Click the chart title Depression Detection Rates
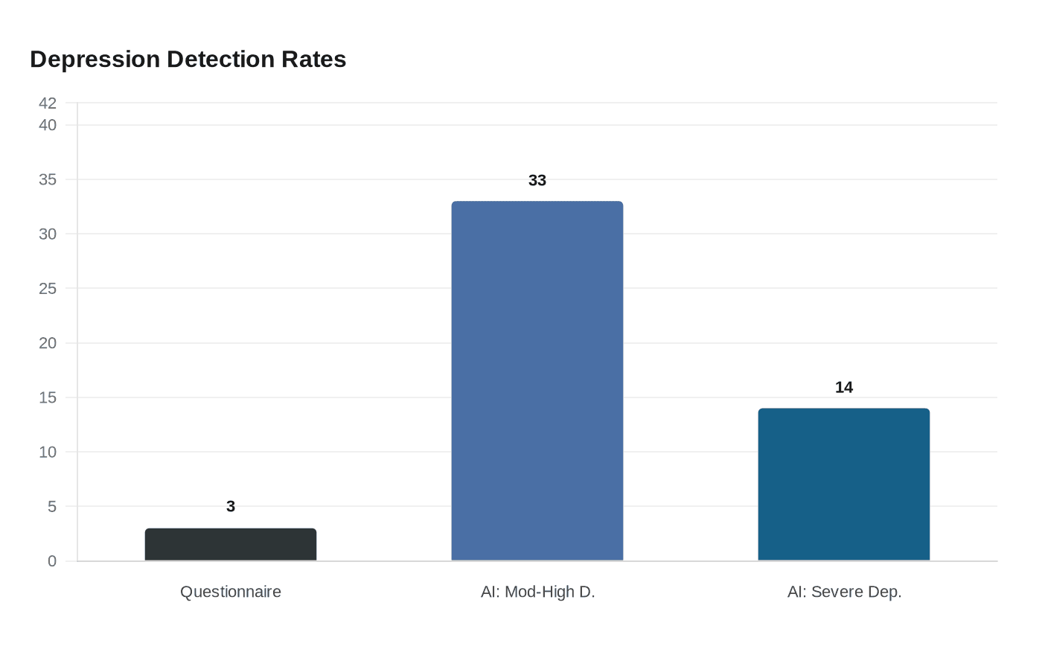pos(188,60)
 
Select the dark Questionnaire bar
pos(231,545)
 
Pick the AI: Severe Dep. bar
pos(844,485)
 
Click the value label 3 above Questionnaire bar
pos(231,507)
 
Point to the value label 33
pos(537,181)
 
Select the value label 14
pos(844,388)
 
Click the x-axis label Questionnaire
pos(231,592)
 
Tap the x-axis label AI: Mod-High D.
pos(537,592)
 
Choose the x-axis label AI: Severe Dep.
pos(844,592)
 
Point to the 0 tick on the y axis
pos(52,561)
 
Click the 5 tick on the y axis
pos(52,507)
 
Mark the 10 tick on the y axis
pos(48,453)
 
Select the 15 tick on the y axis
pos(48,397)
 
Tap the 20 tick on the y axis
pos(48,343)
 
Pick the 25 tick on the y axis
pos(48,289)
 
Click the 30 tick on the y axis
pos(48,234)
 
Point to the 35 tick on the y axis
pos(48,180)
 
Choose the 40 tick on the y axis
pos(48,125)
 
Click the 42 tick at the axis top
pos(48,103)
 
